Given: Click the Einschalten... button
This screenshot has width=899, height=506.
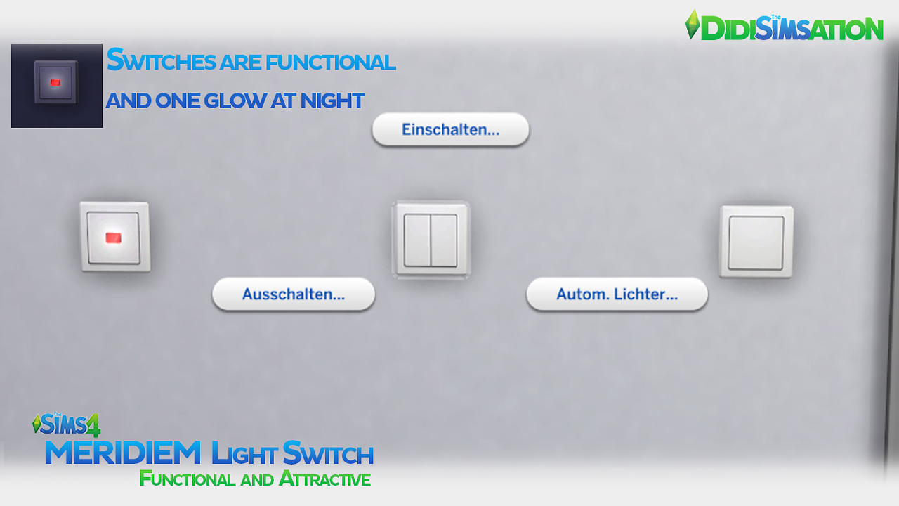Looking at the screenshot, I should (450, 130).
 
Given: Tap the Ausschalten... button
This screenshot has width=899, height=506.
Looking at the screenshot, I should (294, 294).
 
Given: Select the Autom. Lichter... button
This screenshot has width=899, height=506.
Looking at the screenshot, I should (617, 294).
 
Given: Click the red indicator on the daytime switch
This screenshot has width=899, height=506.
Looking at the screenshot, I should (112, 238).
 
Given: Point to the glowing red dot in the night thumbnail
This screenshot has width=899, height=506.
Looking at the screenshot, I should (55, 83).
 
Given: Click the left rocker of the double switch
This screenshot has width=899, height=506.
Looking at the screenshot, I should (417, 240).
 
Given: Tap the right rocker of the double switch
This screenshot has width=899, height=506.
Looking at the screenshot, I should (444, 240).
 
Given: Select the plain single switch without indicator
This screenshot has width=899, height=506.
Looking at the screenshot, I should (756, 242).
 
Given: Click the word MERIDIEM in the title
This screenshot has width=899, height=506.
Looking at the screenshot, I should (124, 453).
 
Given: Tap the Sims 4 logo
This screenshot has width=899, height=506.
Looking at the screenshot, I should (67, 424).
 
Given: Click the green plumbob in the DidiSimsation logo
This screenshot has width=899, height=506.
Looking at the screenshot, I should (693, 25).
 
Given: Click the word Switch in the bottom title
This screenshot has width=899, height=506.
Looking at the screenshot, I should (327, 453).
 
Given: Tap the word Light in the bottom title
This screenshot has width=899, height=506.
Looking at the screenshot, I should (244, 453).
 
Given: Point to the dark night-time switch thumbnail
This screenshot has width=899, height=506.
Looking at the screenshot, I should (57, 86).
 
